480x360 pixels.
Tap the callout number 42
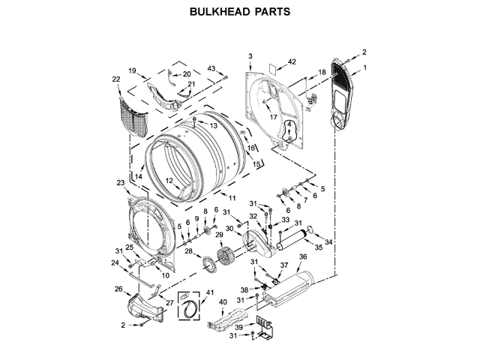pos(292,61)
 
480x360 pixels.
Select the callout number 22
pos(116,79)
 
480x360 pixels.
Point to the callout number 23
pos(121,182)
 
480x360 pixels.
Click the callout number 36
pos(303,257)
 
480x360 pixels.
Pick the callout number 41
pos(209,292)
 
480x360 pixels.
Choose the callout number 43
pos(212,69)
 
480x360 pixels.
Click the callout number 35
pos(318,246)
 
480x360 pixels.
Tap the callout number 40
pos(223,302)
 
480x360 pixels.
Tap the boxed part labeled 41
pos(190,306)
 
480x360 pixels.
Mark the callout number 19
pos(132,70)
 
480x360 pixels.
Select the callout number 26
pos(118,289)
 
